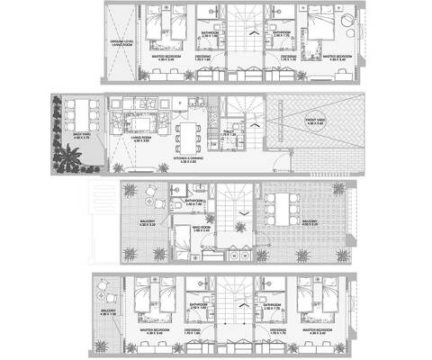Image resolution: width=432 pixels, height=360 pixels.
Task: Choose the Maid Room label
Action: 177,231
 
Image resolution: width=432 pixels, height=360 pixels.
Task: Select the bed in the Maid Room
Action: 184,248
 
